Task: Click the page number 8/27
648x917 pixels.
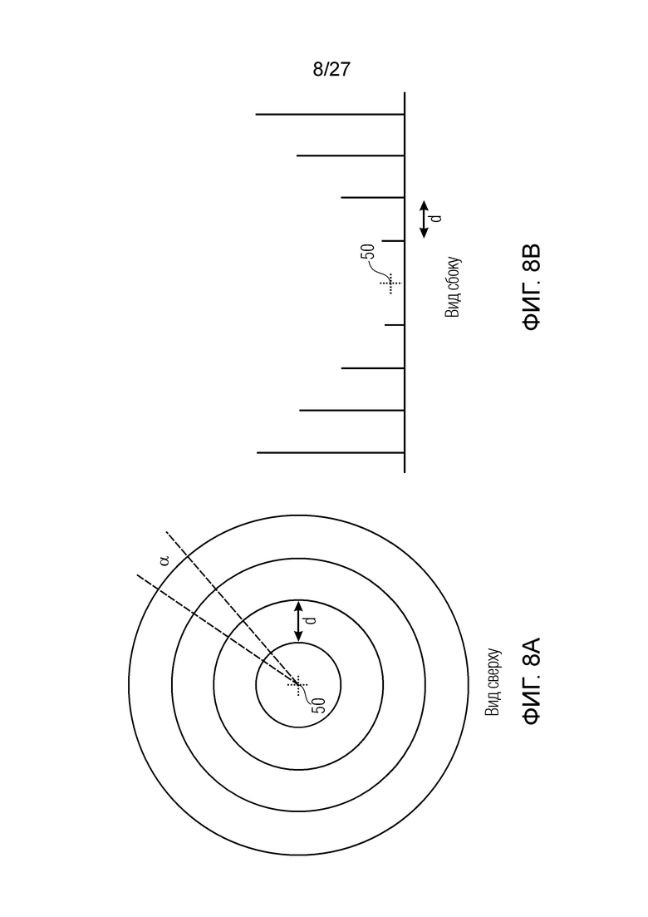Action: pos(331,70)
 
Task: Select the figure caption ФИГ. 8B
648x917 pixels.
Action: pos(531,287)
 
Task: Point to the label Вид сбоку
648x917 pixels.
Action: pos(452,287)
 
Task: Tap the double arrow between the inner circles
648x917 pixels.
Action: pos(298,621)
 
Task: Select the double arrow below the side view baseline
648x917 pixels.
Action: pos(425,219)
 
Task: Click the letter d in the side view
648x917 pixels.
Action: pos(435,218)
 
